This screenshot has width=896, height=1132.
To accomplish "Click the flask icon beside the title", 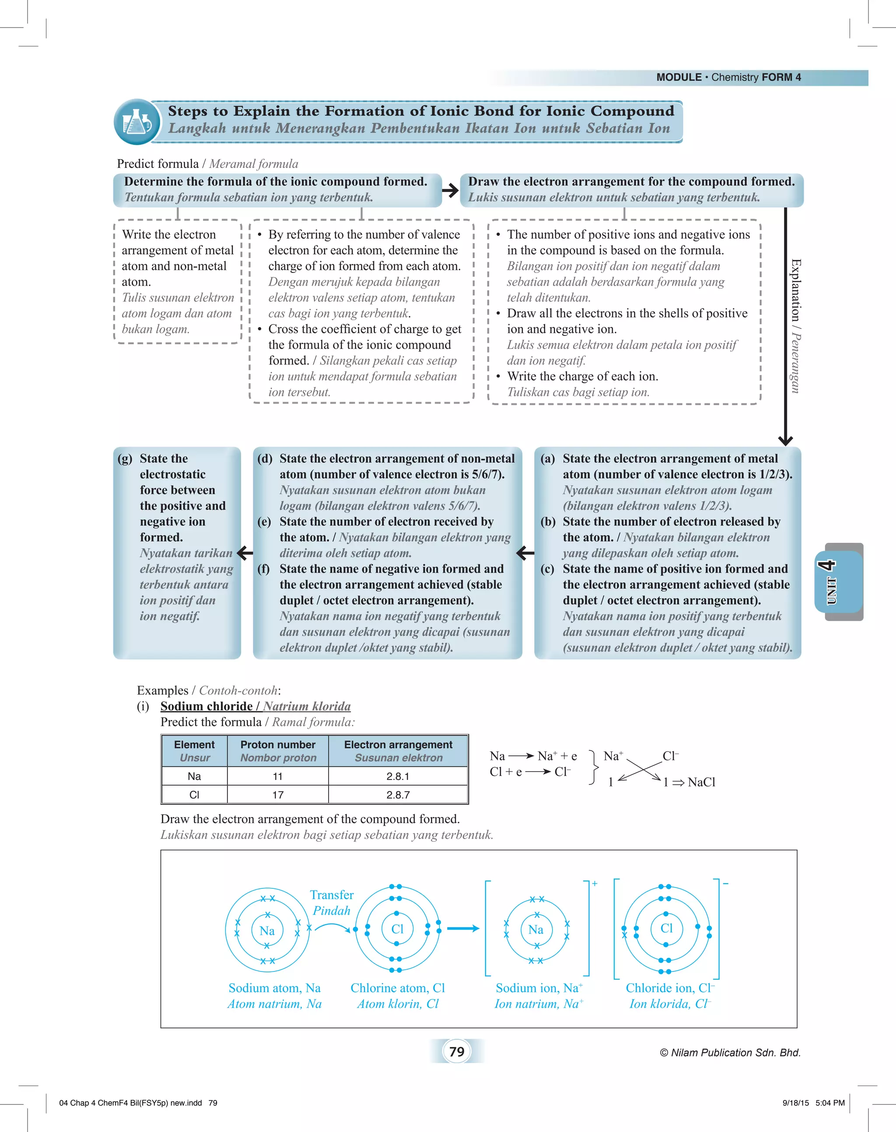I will coord(136,122).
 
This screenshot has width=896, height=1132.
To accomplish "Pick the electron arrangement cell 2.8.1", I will coord(398,776).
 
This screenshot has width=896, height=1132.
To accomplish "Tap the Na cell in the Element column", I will coord(194,776).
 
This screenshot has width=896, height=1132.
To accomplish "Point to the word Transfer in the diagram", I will coord(332,895).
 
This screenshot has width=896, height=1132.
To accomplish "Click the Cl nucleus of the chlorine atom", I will coord(398,929).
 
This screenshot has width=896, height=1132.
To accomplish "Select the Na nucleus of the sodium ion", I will coord(535,929).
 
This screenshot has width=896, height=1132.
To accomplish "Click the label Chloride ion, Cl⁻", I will coord(670,988).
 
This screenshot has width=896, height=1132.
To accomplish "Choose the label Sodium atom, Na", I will coord(274,988).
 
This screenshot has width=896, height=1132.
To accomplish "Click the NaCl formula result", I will coord(701,782).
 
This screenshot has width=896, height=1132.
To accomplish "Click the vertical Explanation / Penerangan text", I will coord(796,325).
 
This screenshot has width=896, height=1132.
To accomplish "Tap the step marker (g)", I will coord(125,458).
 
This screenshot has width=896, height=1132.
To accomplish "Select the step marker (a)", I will coord(547,458).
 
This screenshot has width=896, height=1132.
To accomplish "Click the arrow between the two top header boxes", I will coord(450,190).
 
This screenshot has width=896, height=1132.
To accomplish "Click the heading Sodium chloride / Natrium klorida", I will coord(255,706).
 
